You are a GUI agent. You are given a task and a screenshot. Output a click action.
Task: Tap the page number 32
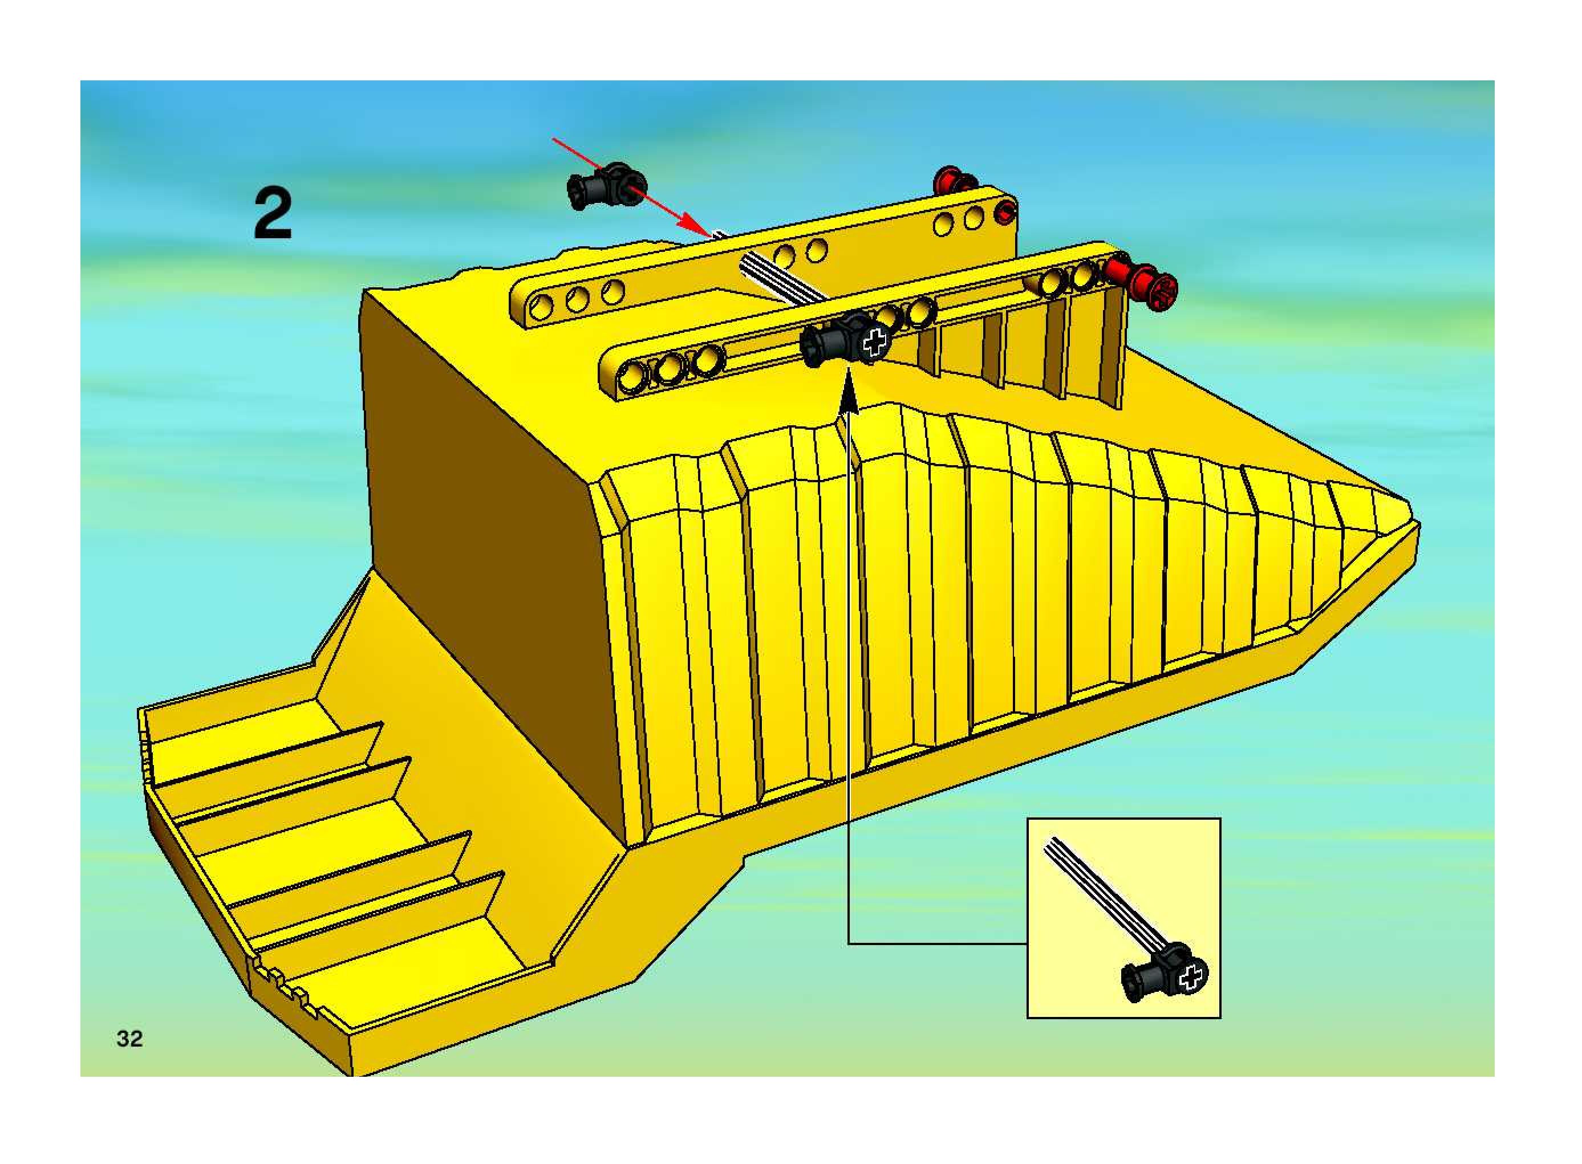click(129, 1039)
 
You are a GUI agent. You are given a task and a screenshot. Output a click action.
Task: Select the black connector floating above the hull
click(605, 185)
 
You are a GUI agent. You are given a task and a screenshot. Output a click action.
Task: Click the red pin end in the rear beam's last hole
click(1008, 209)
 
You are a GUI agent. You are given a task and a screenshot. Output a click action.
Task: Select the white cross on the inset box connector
click(1191, 976)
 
